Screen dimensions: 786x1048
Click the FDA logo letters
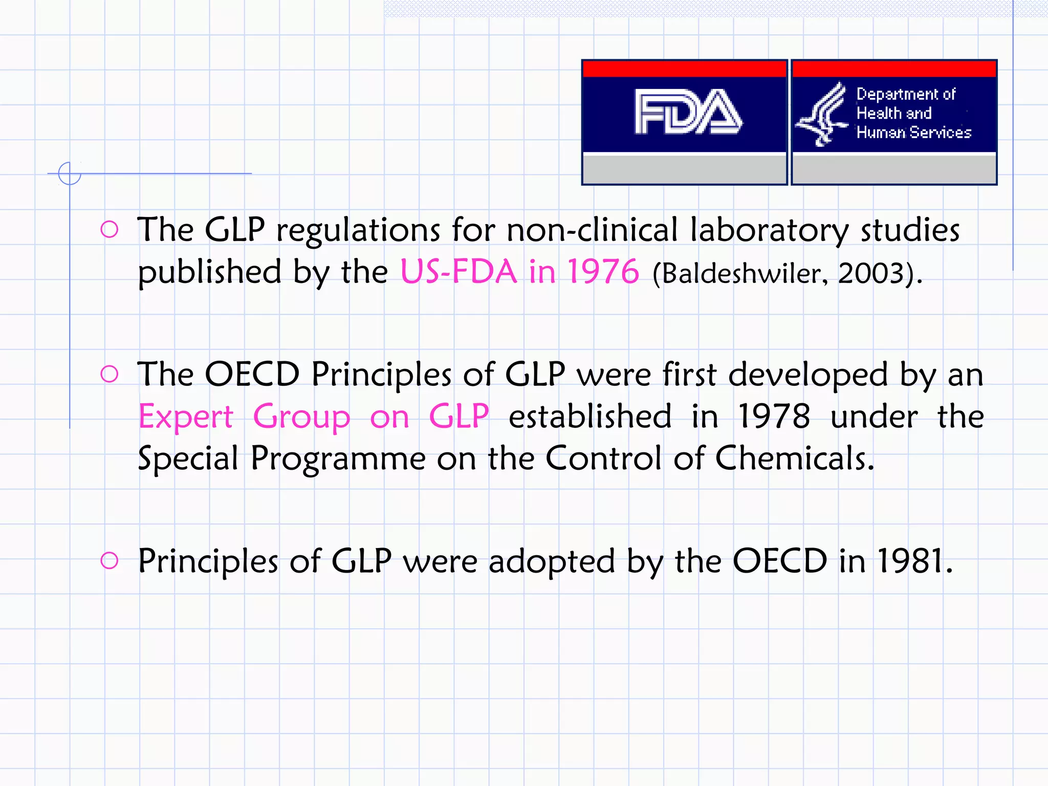click(687, 112)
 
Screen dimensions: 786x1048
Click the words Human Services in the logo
click(914, 133)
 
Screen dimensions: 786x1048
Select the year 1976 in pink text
click(603, 271)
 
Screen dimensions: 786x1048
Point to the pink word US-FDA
click(458, 271)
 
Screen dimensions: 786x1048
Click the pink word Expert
click(186, 417)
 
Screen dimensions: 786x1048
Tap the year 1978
click(774, 417)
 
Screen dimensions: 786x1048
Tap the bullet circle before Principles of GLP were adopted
click(110, 560)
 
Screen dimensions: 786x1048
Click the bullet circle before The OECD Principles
click(110, 374)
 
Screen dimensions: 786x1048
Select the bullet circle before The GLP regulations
click(110, 229)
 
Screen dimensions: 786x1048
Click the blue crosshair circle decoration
click(70, 173)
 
